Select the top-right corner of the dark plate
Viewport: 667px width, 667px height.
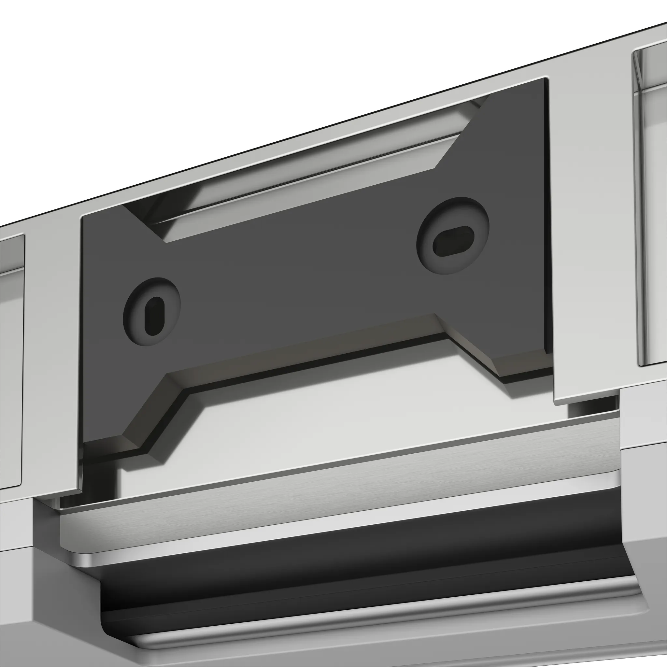pos(546,80)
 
